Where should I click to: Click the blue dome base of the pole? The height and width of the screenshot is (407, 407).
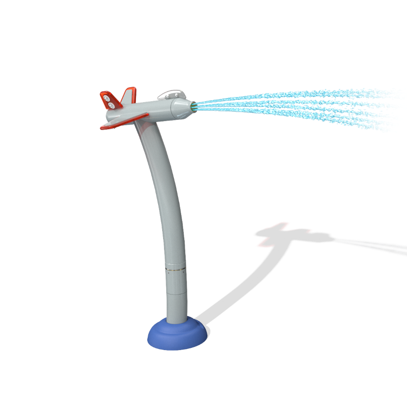coord(176,337)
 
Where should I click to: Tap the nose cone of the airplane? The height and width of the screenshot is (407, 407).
coord(181,108)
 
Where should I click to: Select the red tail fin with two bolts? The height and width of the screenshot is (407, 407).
coord(110,101)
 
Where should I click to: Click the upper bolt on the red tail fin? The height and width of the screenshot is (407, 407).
coord(107,98)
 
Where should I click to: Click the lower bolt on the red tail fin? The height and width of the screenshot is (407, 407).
coord(111,105)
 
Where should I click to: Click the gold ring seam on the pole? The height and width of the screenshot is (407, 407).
coord(175,269)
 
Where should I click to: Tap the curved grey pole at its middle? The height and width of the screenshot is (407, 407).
coord(167,203)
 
